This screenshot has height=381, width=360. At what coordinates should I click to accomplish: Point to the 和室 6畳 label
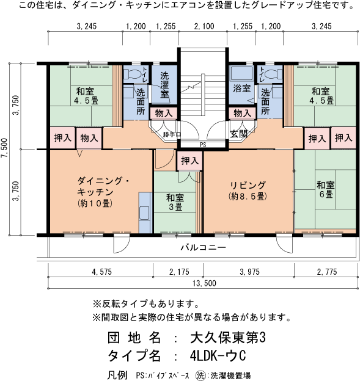coord(325,189)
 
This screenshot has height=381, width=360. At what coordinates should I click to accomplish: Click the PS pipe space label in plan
coord(203,145)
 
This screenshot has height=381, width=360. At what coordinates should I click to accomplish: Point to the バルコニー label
coord(204,248)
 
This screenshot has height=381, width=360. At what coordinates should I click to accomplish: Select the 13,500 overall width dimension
coord(204,283)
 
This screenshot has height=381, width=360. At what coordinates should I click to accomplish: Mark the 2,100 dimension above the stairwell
coord(204,26)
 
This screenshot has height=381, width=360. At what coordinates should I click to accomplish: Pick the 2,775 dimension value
coord(325,270)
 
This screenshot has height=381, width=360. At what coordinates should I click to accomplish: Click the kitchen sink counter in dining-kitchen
coord(145,212)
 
